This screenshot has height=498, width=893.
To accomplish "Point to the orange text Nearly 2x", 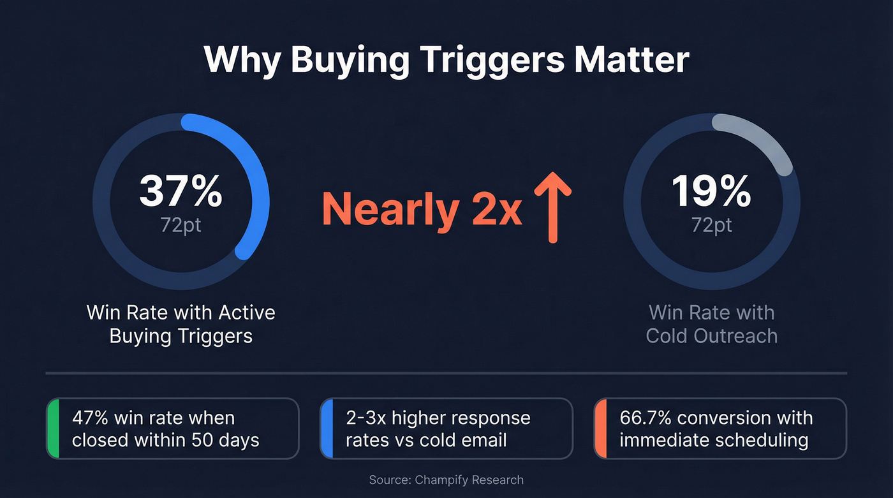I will coord(422,209).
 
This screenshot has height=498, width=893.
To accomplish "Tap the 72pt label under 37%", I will coord(181,224).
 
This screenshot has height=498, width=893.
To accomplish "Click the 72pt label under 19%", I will coord(711,224).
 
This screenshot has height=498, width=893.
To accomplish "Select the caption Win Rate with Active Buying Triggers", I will coord(181,324).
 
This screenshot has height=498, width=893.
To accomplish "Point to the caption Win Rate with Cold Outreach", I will coord(711,324).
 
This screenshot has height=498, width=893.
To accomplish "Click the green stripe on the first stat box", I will coord(53,428).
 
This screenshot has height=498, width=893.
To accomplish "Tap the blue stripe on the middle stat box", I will coord(327,428).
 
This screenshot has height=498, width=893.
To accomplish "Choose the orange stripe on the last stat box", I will coord(600,428).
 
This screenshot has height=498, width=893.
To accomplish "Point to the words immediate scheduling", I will coord(714,440).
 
